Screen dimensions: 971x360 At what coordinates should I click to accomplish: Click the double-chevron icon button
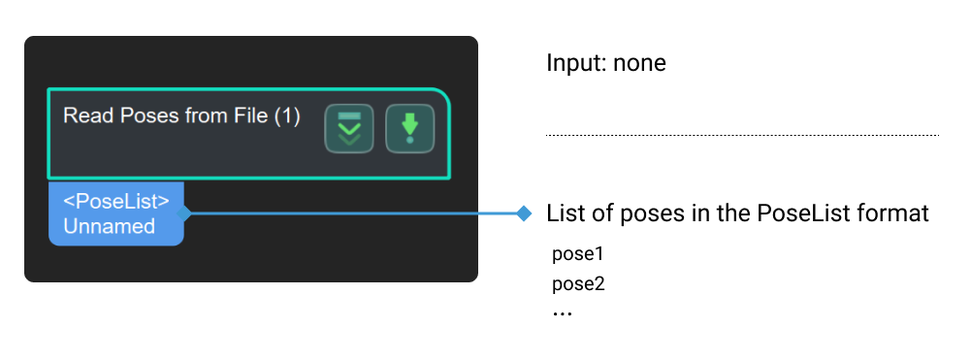click(x=348, y=129)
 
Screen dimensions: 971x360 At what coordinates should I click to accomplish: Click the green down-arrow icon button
click(x=409, y=129)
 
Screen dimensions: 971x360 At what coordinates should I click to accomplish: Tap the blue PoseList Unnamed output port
click(x=115, y=213)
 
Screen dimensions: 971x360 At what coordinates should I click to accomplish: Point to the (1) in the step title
click(x=286, y=116)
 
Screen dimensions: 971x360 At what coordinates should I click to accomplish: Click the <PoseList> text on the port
click(x=116, y=202)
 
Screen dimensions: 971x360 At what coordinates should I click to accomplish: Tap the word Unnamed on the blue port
click(x=110, y=226)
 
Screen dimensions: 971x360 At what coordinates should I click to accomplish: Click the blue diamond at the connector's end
click(x=524, y=213)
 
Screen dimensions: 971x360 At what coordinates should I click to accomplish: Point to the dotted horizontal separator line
click(x=742, y=135)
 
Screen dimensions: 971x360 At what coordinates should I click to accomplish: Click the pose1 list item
click(x=578, y=255)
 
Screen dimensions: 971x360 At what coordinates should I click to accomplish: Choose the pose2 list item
click(x=578, y=284)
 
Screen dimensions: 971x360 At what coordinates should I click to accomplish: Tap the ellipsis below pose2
click(x=562, y=313)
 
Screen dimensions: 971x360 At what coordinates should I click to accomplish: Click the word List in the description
click(x=563, y=213)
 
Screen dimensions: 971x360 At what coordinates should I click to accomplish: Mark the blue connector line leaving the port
click(x=349, y=213)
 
